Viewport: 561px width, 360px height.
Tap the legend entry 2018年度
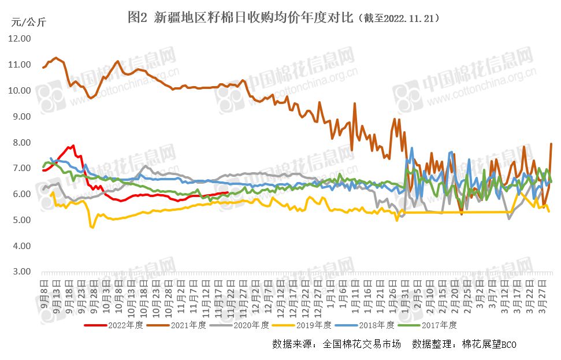tap(379, 325)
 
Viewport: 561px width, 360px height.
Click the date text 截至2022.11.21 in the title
tap(402, 18)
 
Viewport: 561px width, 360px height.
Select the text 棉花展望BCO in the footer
tap(490, 344)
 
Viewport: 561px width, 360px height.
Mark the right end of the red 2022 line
tap(229, 192)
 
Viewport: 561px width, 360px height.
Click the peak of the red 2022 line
tap(73, 146)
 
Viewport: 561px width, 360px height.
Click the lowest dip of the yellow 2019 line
tap(92, 228)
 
